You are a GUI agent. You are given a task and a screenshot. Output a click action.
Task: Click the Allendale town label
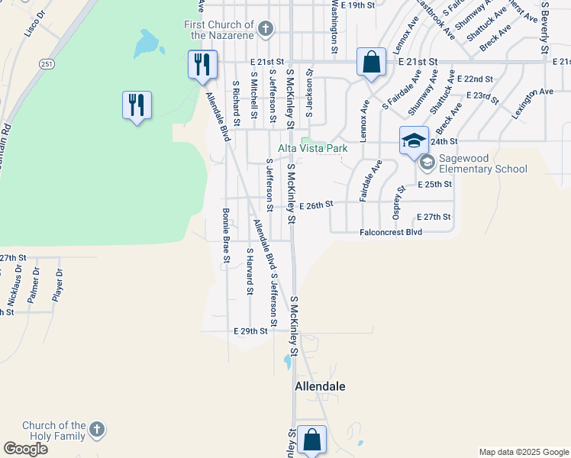coord(320,386)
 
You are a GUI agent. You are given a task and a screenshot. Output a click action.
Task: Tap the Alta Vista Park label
coord(312,149)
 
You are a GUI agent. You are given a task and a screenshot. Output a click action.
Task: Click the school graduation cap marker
coord(414,141)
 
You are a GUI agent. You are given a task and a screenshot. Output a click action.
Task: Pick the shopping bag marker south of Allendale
coord(311,440)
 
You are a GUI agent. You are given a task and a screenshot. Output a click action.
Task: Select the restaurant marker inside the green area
coord(137,105)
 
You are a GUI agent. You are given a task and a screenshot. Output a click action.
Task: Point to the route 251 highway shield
coord(48,65)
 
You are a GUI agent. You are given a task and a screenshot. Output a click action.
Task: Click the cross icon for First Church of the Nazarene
coord(265,30)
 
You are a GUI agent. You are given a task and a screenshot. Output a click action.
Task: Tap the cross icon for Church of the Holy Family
coord(96,430)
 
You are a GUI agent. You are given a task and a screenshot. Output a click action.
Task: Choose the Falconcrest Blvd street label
coord(392,231)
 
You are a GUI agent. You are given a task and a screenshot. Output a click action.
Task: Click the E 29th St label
coord(250,331)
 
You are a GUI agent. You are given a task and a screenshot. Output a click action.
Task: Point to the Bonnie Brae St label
coord(226,235)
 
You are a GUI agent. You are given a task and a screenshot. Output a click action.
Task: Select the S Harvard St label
coord(249,270)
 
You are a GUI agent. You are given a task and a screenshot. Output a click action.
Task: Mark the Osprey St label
coord(397,200)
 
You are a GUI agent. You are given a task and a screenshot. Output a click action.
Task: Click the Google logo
coord(25,449)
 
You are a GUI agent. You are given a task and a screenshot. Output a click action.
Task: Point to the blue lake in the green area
coord(146,44)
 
